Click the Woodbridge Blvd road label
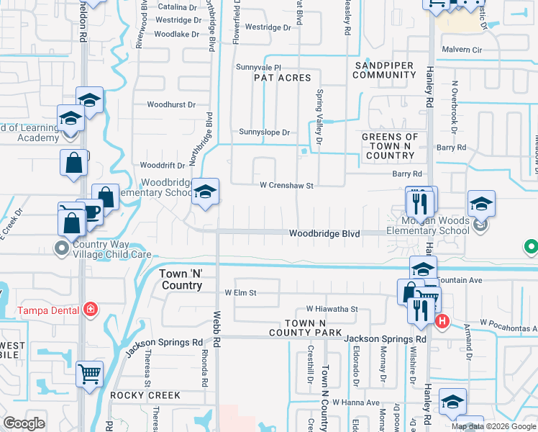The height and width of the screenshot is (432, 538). tap(324, 234)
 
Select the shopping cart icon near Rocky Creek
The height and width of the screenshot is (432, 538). tap(90, 373)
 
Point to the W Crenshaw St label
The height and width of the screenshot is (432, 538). tap(287, 186)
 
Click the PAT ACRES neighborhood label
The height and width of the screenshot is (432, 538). tap(283, 78)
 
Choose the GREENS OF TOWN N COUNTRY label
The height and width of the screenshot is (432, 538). tap(389, 146)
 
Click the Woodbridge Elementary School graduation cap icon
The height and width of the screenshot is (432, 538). tap(206, 192)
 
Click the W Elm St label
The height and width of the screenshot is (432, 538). tap(240, 293)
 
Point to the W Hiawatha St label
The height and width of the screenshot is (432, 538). tap(332, 308)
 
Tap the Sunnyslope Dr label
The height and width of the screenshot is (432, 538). tap(265, 132)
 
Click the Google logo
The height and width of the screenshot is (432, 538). tap(24, 423)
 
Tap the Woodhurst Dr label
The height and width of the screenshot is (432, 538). tap(171, 104)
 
